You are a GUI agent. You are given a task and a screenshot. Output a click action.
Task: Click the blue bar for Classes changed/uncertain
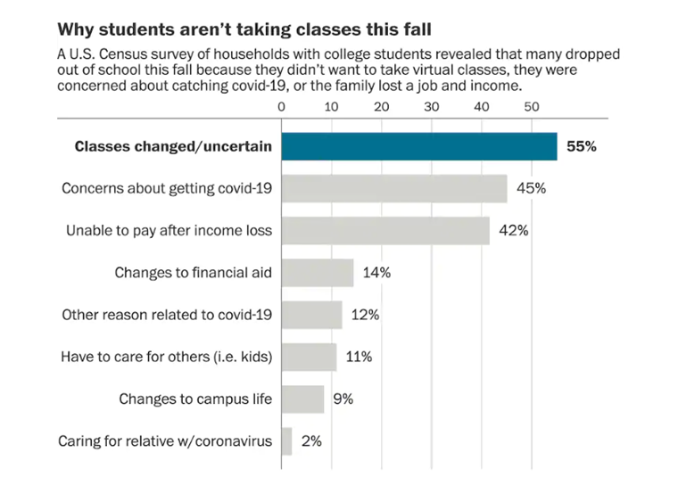419,146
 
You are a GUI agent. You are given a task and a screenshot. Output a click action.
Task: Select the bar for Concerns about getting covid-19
394,188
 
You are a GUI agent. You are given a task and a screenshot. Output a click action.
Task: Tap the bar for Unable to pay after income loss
385,230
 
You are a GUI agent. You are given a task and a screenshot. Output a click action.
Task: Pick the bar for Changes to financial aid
317,273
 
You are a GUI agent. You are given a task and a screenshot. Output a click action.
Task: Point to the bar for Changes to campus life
302,399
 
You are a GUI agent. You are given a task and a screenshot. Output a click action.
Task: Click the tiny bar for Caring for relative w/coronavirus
286,440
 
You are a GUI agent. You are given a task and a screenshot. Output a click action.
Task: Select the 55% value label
581,146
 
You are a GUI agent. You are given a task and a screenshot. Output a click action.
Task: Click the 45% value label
530,188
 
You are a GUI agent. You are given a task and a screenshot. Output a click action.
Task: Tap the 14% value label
376,273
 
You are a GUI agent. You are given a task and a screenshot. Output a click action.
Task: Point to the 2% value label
310,440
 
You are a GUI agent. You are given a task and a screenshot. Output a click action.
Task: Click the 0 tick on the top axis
282,107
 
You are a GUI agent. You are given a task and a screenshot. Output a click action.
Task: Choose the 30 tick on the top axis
432,107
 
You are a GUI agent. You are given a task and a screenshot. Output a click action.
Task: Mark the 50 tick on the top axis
532,107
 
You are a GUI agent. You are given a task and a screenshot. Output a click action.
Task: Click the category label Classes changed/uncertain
173,146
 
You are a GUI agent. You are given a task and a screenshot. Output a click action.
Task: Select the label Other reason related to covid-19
166,315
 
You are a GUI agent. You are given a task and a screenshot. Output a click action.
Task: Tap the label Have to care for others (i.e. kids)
166,357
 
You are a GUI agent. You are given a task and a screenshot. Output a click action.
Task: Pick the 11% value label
358,357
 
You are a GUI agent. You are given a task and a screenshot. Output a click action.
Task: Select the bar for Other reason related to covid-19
311,315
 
